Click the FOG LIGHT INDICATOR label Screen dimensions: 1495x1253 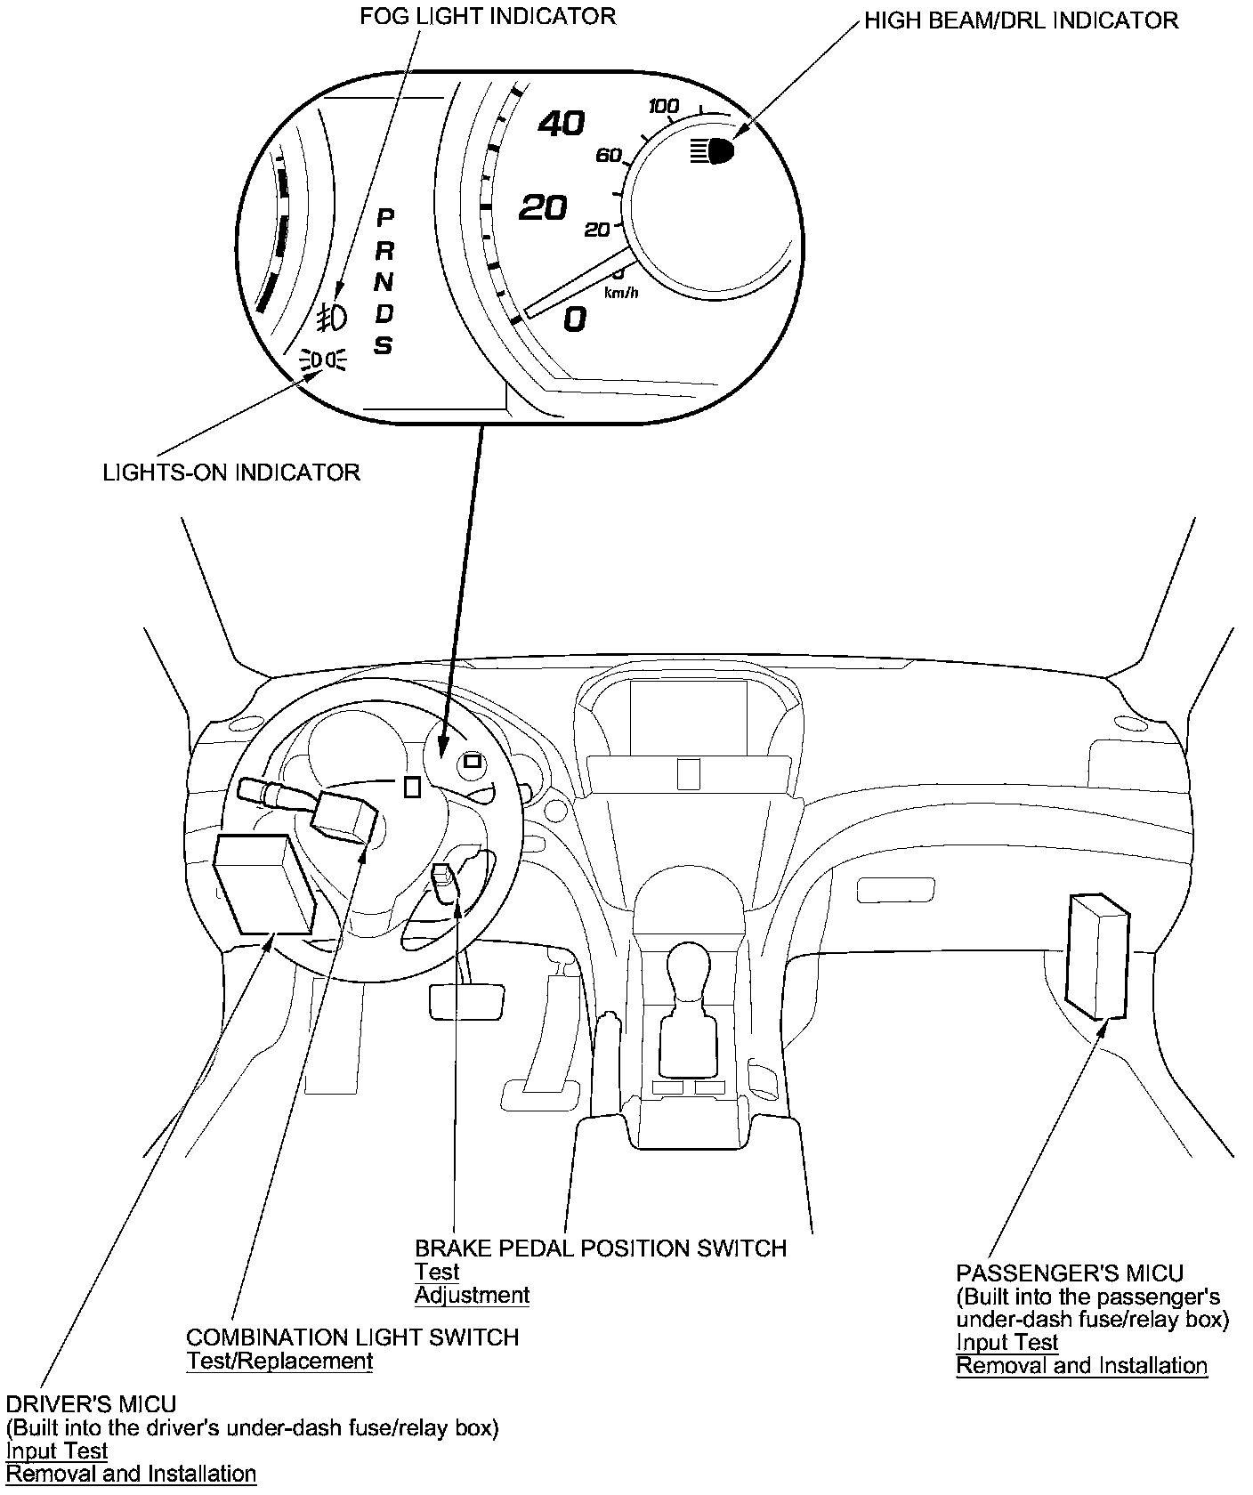point(487,16)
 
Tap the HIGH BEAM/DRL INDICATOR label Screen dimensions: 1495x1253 point(1021,20)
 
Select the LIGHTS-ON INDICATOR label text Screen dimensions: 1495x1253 point(231,472)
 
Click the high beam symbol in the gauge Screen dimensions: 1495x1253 point(713,151)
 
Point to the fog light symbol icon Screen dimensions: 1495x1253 point(332,315)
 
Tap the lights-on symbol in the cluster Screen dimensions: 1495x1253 point(325,360)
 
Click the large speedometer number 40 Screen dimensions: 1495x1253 point(562,123)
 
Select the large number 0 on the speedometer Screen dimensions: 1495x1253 point(576,319)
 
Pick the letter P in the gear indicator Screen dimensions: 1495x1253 point(385,218)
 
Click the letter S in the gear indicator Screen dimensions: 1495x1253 point(384,345)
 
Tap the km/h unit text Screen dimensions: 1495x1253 point(620,292)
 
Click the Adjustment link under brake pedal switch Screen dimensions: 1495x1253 point(472,1295)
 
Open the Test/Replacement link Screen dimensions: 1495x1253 point(279,1361)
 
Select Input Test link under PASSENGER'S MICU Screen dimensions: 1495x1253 point(1006,1342)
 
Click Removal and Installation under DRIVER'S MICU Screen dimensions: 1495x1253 point(131,1474)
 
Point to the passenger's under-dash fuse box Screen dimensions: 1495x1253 point(1096,957)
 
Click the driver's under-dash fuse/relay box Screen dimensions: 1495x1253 point(264,885)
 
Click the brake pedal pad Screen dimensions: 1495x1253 point(466,1000)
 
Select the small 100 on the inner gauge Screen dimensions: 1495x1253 point(664,107)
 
